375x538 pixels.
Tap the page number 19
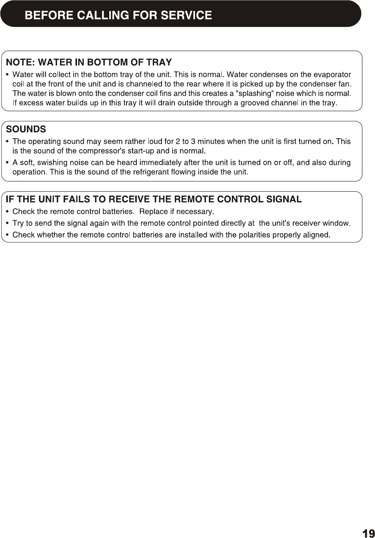[x=368, y=533]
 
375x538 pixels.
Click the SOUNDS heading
[x=26, y=129]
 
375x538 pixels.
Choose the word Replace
[x=154, y=212]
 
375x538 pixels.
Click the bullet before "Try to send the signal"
[x=8, y=223]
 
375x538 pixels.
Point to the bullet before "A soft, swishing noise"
[x=8, y=163]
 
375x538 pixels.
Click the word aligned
[x=315, y=235]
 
